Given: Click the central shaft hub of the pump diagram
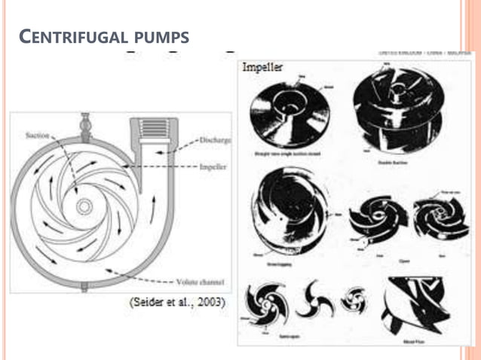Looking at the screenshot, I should tap(84, 205).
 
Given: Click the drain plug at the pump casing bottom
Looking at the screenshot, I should tap(84, 287).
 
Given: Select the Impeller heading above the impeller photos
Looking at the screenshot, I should tap(262, 66).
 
